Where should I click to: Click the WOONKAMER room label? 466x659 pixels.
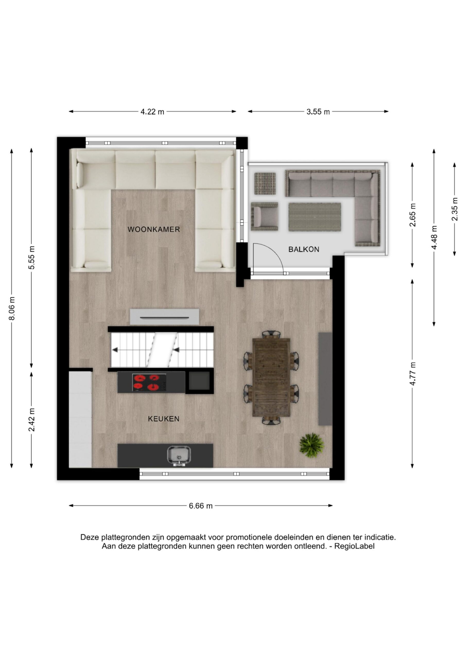pyautogui.click(x=154, y=229)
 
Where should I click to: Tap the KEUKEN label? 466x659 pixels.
pyautogui.click(x=164, y=419)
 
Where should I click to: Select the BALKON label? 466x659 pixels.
pyautogui.click(x=304, y=249)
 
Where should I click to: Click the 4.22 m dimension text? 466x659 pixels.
pyautogui.click(x=152, y=112)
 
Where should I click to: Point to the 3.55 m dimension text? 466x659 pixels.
pyautogui.click(x=318, y=112)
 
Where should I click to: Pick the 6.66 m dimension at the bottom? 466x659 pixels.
pyautogui.click(x=201, y=506)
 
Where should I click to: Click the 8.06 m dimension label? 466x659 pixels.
pyautogui.click(x=12, y=309)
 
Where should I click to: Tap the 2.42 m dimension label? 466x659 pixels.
pyautogui.click(x=32, y=420)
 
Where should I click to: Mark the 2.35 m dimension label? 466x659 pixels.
pyautogui.click(x=454, y=209)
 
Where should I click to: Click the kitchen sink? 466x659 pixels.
pyautogui.click(x=179, y=456)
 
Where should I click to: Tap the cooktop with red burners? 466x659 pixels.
pyautogui.click(x=149, y=382)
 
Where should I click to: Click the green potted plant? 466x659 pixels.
pyautogui.click(x=312, y=445)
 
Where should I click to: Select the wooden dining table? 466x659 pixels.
pyautogui.click(x=271, y=377)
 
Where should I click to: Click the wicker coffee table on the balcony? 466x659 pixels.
pyautogui.click(x=315, y=217)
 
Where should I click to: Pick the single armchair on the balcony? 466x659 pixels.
pyautogui.click(x=264, y=216)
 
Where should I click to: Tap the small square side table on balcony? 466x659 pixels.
pyautogui.click(x=265, y=183)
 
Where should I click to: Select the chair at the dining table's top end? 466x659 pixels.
pyautogui.click(x=271, y=334)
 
